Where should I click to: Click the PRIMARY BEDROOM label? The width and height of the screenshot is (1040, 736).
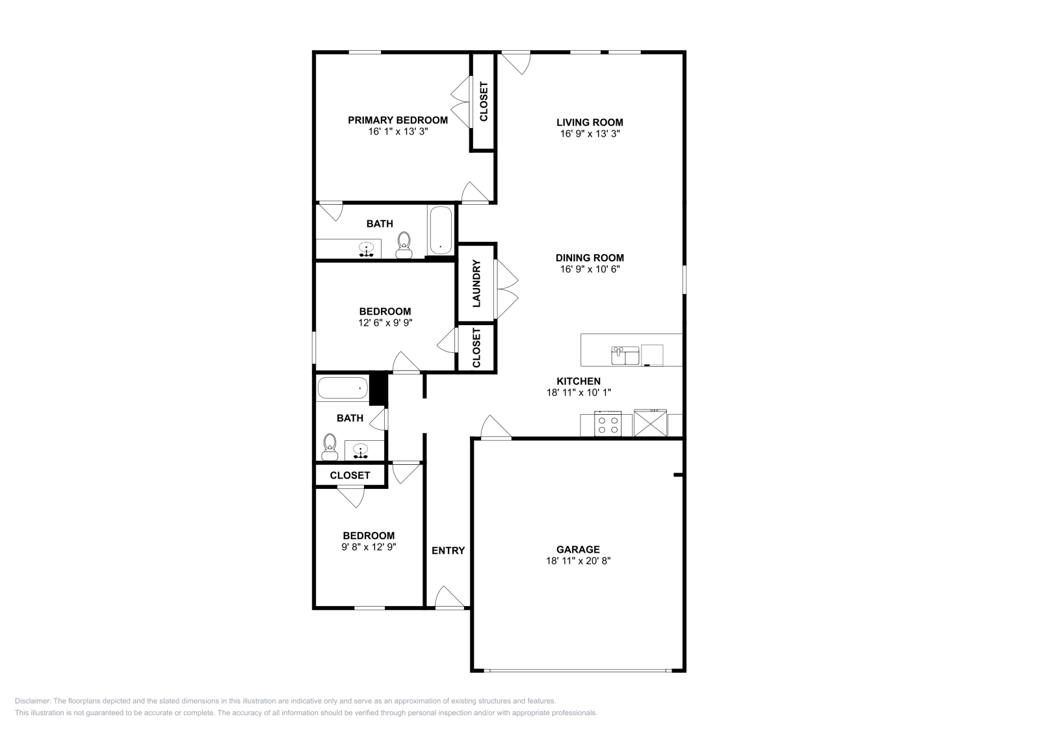tap(397, 120)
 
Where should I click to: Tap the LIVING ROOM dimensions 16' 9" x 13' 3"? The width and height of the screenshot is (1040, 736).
tap(589, 133)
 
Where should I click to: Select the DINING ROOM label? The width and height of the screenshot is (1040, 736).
tap(589, 257)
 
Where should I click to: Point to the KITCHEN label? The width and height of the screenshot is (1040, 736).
tap(578, 381)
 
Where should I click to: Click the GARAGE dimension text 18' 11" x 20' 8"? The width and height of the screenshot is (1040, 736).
tap(578, 560)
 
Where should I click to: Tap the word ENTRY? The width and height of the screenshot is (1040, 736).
tap(448, 551)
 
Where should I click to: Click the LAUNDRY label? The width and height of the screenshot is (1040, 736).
tap(476, 283)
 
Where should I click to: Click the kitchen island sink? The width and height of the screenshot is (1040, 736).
tap(625, 355)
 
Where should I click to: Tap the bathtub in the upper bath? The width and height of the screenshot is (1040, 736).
tap(441, 231)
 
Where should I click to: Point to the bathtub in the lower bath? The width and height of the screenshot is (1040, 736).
tap(342, 388)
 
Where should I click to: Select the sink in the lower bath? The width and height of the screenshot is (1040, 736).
tap(360, 450)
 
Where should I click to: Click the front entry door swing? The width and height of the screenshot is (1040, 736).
tap(450, 597)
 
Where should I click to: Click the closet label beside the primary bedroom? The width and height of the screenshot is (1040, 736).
tap(483, 101)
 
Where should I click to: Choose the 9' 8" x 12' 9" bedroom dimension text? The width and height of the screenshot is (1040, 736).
tap(369, 547)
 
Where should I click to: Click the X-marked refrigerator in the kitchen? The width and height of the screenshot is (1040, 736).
tap(650, 424)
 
